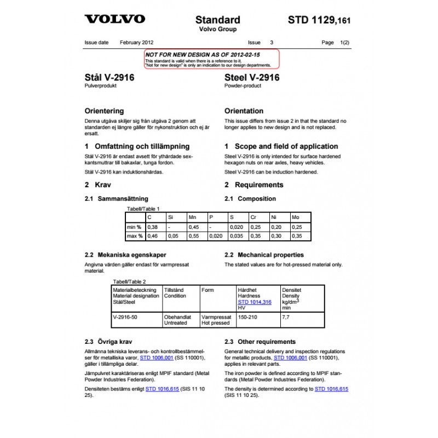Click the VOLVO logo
(114, 19)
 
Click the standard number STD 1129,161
(319, 20)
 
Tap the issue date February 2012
(136, 42)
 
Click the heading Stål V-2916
(109, 78)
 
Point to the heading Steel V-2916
(252, 78)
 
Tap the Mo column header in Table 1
(296, 217)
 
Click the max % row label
(135, 236)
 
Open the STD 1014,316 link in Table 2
(255, 302)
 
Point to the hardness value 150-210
(248, 317)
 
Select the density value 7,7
(285, 317)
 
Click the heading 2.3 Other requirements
(260, 342)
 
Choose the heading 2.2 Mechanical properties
(264, 255)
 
